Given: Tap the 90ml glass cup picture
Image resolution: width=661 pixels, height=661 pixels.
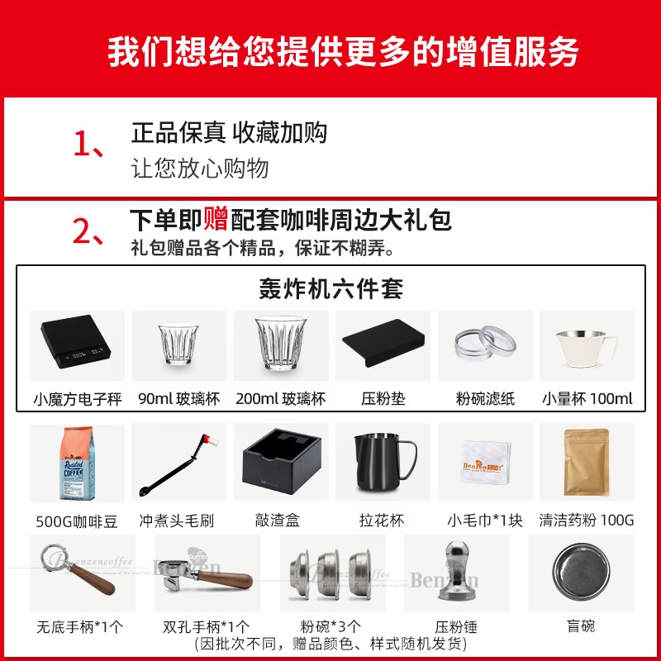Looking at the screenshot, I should point(178,346).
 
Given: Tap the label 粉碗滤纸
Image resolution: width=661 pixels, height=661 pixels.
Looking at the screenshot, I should point(484,399).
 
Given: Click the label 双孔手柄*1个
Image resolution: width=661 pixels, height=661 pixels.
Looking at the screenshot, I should point(207,626).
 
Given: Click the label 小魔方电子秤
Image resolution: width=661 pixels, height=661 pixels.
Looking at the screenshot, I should point(77,399).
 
